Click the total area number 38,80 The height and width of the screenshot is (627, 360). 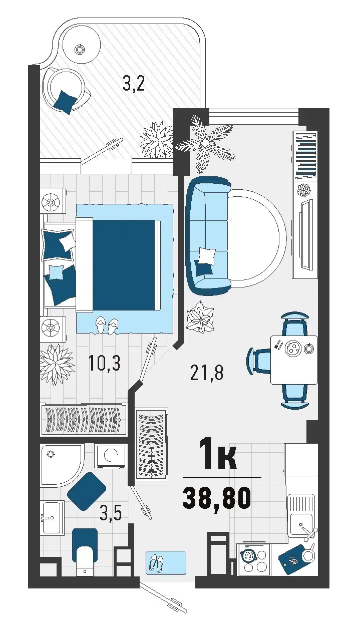click(x=216, y=498)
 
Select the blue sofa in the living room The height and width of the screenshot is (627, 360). click(x=208, y=235)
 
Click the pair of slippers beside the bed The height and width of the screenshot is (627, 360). click(x=107, y=325)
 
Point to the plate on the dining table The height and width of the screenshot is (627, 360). click(x=292, y=349)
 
